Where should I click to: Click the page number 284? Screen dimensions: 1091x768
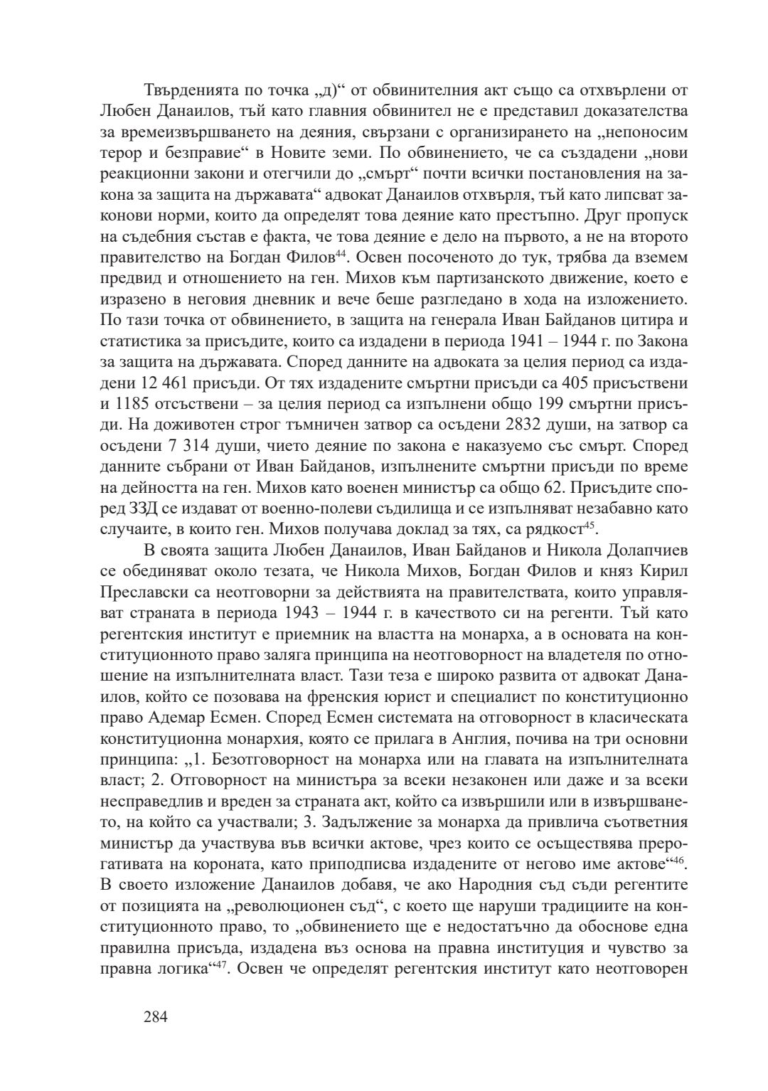click(155, 1017)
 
